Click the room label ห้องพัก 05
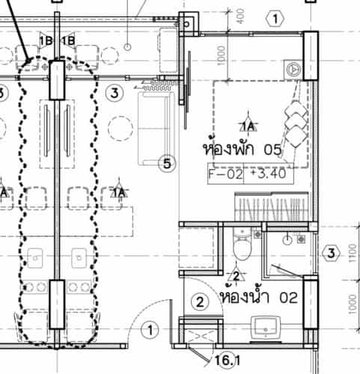click(242, 148)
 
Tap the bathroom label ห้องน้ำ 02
click(259, 296)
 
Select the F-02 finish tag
click(225, 174)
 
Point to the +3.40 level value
click(269, 174)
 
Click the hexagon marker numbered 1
click(275, 19)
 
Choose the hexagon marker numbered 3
click(331, 254)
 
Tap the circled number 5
click(167, 164)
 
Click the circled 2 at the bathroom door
click(200, 302)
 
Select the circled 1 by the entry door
click(150, 330)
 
